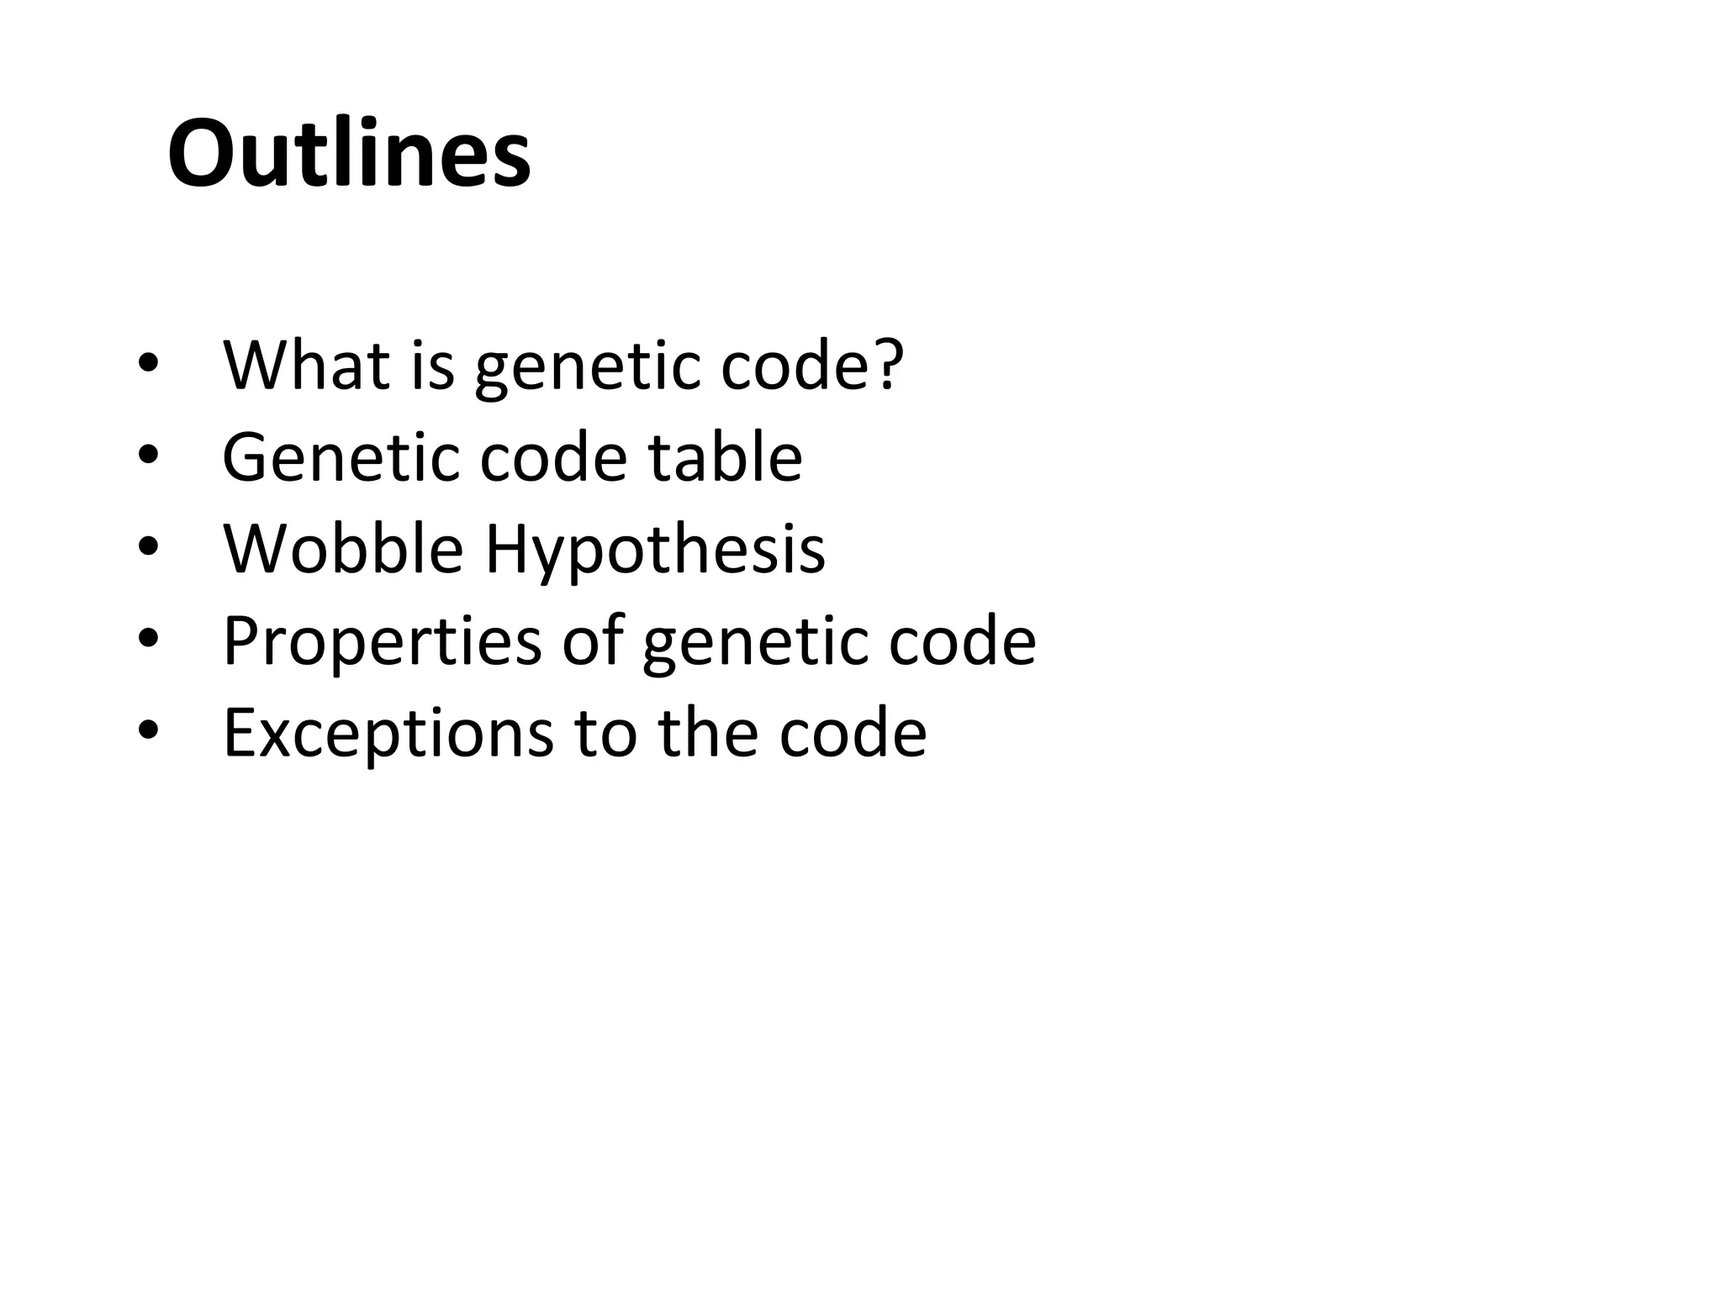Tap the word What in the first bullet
point(306,366)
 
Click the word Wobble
point(343,549)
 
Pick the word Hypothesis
point(655,551)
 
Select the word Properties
point(382,642)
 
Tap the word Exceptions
point(388,734)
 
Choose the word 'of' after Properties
point(593,640)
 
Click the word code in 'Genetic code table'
point(553,457)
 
